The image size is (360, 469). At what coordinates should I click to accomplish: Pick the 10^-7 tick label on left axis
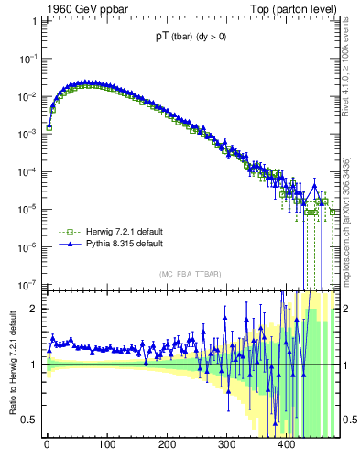29,284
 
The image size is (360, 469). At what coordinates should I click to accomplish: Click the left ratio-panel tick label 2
35,309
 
